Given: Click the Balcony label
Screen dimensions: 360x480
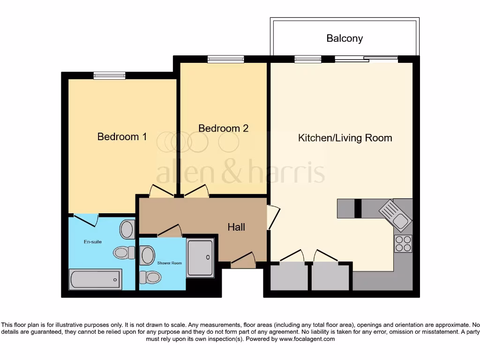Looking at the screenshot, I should pos(345,38).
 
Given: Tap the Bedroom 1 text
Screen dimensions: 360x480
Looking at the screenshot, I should pos(122,136).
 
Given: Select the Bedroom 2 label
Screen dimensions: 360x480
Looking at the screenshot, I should pos(223,128).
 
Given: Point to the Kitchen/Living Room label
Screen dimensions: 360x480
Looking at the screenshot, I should pos(345,138).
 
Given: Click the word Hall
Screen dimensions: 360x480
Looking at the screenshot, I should pos(236,227).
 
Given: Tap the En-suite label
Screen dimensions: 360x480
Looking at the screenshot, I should pos(93,242).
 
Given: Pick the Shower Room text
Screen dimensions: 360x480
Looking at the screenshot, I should pos(170,263).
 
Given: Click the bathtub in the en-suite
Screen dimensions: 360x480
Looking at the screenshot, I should pos(96,279).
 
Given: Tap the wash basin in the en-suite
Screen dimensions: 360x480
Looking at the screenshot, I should pos(127,230).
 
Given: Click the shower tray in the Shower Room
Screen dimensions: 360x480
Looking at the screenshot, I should pos(200,258).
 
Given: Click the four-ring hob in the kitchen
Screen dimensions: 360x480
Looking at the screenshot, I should pos(403,243).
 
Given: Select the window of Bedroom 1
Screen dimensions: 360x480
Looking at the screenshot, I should pos(109,75).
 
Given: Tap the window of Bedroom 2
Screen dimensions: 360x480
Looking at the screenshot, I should pos(226,60).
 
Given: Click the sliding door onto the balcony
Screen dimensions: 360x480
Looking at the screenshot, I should pos(366,59).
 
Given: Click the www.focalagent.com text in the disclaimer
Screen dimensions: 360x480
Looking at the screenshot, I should pos(307,338).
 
